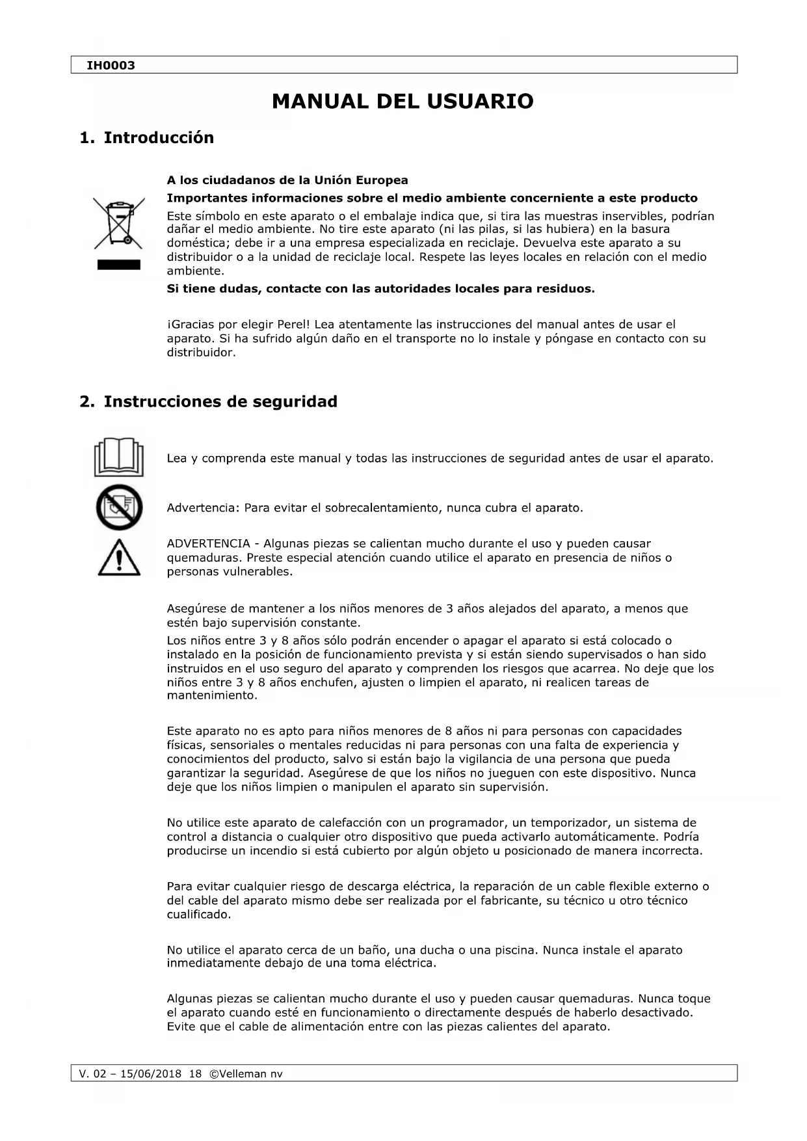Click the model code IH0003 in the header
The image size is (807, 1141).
(x=111, y=66)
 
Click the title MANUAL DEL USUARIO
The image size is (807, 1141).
(x=403, y=101)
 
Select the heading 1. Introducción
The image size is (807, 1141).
(x=146, y=138)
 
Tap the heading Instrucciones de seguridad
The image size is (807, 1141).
(x=220, y=402)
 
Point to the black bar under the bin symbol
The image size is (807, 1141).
(x=118, y=264)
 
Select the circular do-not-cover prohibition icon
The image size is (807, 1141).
(x=118, y=507)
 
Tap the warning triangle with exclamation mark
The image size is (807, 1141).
(x=119, y=558)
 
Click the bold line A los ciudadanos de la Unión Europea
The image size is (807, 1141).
(x=287, y=180)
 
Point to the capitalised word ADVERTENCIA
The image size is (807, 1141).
(x=208, y=544)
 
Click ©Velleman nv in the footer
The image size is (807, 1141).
(x=246, y=1074)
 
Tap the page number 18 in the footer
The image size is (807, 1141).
(x=195, y=1074)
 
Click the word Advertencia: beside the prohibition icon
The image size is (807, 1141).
(x=203, y=508)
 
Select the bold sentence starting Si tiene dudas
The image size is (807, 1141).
(x=380, y=289)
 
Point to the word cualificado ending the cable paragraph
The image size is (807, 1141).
(x=198, y=915)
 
